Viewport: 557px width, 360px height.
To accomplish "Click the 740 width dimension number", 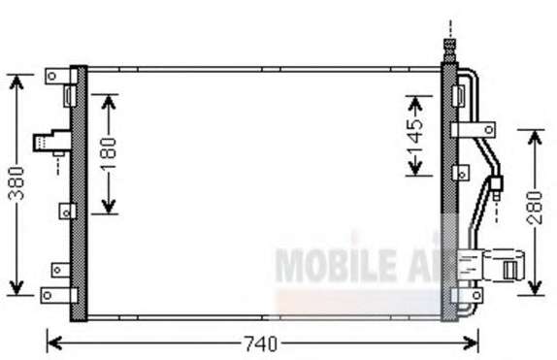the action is (261, 344).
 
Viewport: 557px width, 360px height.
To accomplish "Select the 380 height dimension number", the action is (16, 183).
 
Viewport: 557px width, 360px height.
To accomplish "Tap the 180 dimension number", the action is (109, 153).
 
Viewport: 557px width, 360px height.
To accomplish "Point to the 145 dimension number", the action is (415, 136).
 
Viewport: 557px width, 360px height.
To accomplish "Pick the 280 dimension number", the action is (535, 208).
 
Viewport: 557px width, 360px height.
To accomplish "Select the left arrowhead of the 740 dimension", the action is (54, 344).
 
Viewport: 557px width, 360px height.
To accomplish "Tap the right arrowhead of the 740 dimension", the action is (471, 344).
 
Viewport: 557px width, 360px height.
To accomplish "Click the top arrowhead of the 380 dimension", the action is (16, 82).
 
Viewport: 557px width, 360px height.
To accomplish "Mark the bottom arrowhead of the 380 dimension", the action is (16, 287).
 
